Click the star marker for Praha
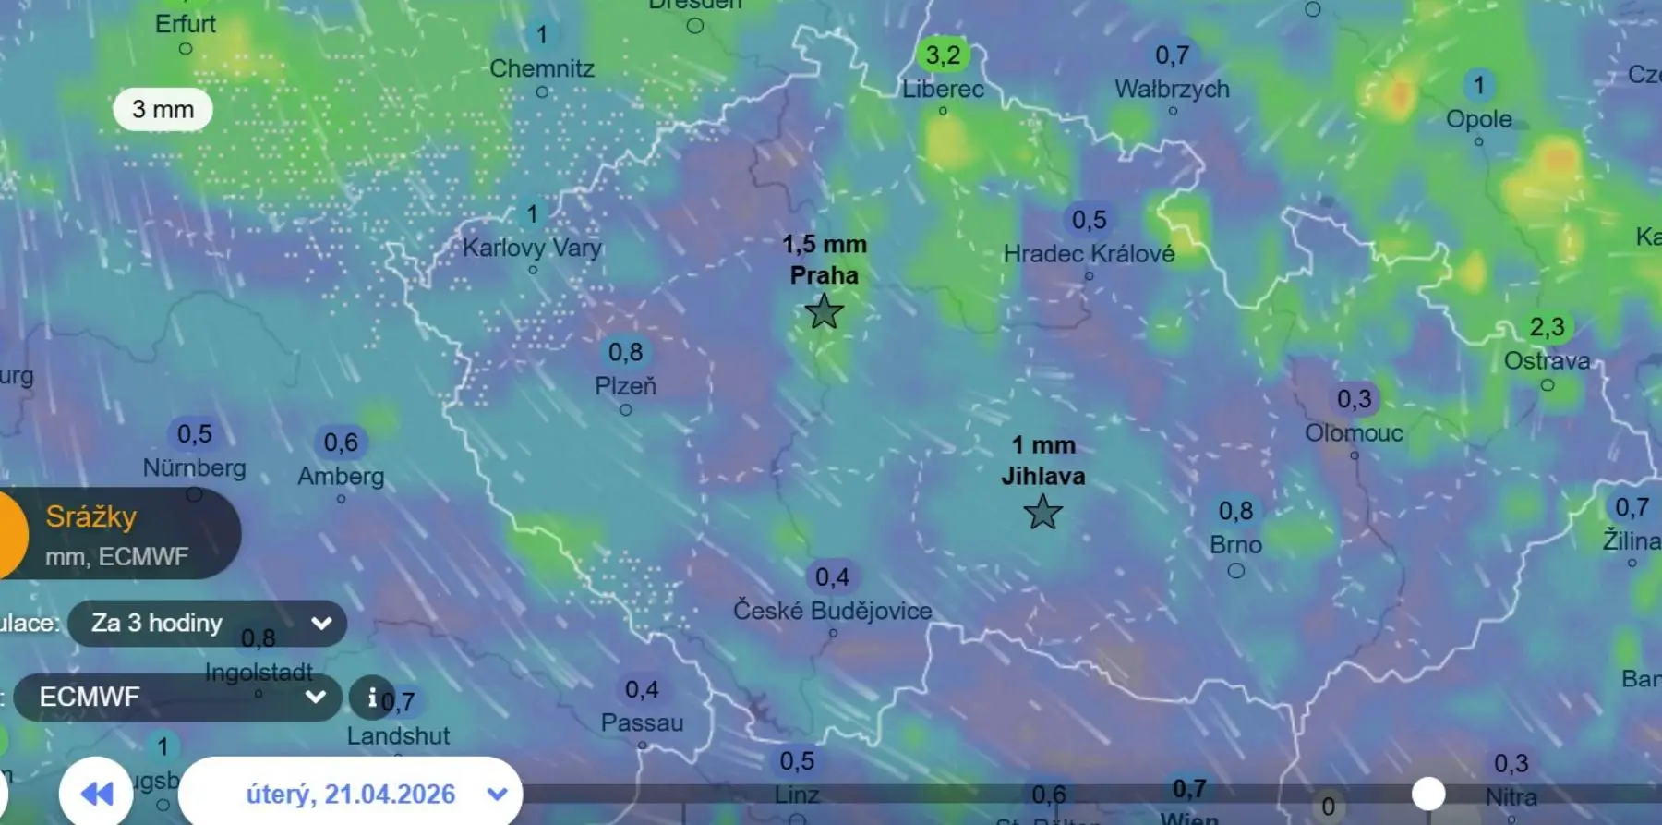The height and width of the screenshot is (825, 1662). tap(824, 312)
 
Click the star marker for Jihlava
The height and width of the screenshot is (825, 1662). tap(1042, 512)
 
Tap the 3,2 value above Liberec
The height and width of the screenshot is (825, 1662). tap(943, 55)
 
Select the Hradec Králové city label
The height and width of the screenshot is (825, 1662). tap(1089, 253)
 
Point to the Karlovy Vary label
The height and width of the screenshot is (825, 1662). tap(532, 248)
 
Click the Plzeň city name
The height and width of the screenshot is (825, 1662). tap(625, 385)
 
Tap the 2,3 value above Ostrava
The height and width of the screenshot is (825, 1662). tap(1547, 327)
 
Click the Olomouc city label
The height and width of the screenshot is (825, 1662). tap(1354, 432)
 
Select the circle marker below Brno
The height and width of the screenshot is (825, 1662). tap(1235, 571)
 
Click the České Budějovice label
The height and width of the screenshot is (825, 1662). tap(832, 611)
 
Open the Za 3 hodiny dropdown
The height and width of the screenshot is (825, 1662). tap(208, 624)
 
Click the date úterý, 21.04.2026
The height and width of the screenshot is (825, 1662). tap(351, 794)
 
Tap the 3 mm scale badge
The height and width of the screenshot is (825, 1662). tap(163, 110)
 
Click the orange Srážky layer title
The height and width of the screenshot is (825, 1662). tap(91, 516)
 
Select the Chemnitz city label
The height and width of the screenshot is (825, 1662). tap(542, 68)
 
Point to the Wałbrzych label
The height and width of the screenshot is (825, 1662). tap(1172, 89)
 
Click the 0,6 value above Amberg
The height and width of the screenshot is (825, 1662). tap(341, 443)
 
